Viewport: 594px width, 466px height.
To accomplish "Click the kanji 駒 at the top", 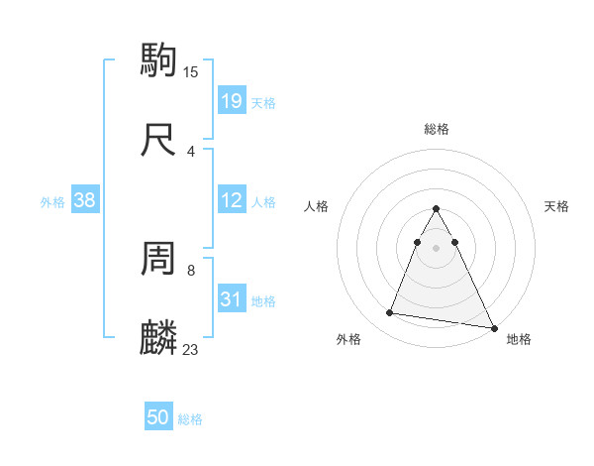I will pos(159,59).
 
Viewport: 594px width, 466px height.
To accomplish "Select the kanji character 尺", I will pos(159,139).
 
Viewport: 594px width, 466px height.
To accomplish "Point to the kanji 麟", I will pos(159,338).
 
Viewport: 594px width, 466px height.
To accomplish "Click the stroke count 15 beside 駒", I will pos(191,71).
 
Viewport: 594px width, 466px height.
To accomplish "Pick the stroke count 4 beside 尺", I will pos(191,151).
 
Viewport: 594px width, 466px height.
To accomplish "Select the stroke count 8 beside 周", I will pos(191,270).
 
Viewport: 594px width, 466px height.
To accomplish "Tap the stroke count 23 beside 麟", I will pos(191,349).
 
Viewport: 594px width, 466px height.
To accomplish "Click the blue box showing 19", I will pos(231,100).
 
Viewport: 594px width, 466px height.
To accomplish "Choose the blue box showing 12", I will pos(231,200).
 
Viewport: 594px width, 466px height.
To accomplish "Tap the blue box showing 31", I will pos(231,299).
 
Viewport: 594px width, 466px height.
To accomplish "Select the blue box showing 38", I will pos(85,200).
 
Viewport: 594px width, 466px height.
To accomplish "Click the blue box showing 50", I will pos(158,417).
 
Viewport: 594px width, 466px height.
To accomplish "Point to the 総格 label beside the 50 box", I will pos(190,419).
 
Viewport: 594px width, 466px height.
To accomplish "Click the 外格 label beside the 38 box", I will pos(52,202).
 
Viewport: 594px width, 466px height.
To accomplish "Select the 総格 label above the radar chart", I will pos(437,129).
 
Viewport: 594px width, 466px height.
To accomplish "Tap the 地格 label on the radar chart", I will pos(519,339).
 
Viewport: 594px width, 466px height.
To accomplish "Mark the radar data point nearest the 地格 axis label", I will pos(494,328).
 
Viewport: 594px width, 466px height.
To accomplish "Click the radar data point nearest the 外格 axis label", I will pos(390,313).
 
